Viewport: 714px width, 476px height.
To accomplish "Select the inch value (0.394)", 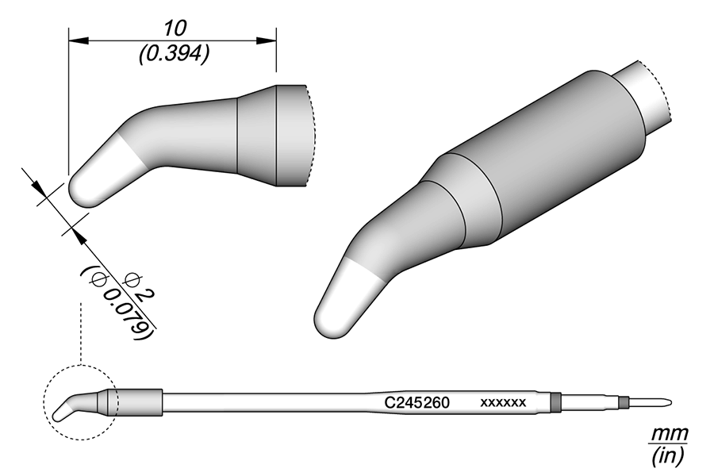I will click(x=174, y=53).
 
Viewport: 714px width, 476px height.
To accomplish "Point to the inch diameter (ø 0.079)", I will click(x=117, y=302).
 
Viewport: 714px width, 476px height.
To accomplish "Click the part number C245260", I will click(x=417, y=402).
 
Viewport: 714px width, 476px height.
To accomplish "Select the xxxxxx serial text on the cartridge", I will click(x=503, y=403).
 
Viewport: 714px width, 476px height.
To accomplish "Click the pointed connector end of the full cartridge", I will click(x=665, y=401).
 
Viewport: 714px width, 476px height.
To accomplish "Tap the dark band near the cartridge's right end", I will click(x=555, y=402).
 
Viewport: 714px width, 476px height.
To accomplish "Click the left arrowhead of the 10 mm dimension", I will click(x=75, y=40).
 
